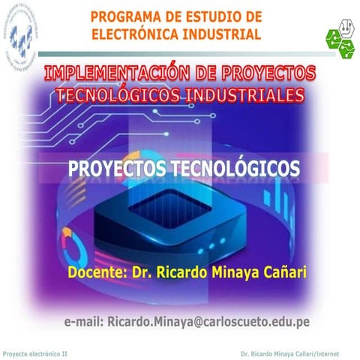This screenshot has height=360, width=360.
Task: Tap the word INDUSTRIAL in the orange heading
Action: (x=223, y=34)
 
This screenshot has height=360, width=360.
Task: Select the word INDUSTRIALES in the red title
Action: (x=240, y=95)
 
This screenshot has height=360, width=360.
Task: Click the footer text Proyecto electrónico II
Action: (x=35, y=352)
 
